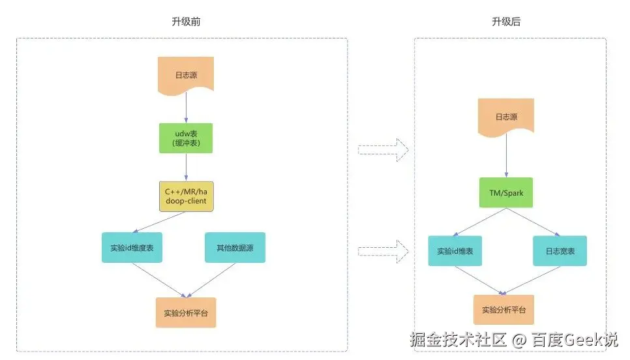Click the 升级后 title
pyautogui.click(x=506, y=22)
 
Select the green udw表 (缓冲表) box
pyautogui.click(x=186, y=138)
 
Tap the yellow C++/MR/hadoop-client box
pyautogui.click(x=186, y=196)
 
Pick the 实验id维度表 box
pyautogui.click(x=131, y=248)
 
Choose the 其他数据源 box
pyautogui.click(x=235, y=248)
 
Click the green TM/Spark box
pyautogui.click(x=506, y=193)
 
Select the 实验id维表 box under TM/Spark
pyautogui.click(x=455, y=251)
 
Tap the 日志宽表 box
pyautogui.click(x=560, y=251)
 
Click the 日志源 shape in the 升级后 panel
pyautogui.click(x=506, y=117)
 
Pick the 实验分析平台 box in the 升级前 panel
pyautogui.click(x=186, y=312)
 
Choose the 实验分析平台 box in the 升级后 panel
pyautogui.click(x=503, y=310)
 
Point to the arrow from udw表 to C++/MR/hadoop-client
pyautogui.click(x=186, y=167)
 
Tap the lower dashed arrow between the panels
pyautogui.click(x=383, y=248)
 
